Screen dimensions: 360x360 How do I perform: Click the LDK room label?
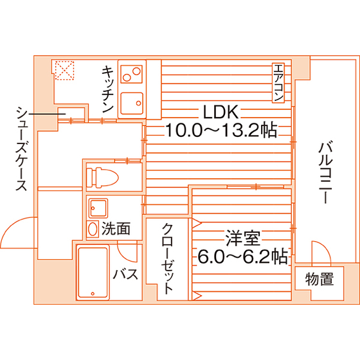click(x=220, y=112)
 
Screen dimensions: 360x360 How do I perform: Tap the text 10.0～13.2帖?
click(x=221, y=130)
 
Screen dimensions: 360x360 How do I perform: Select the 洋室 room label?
click(x=243, y=238)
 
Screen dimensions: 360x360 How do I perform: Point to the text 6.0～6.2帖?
click(x=242, y=256)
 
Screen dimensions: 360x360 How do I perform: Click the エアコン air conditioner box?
click(x=278, y=83)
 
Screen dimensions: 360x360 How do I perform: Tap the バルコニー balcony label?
click(x=325, y=173)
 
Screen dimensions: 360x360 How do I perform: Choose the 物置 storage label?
click(x=319, y=279)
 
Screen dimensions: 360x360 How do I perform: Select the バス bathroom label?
click(x=125, y=274)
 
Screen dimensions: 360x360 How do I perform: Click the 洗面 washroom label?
click(x=116, y=228)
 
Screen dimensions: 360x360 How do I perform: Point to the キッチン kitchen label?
click(x=108, y=89)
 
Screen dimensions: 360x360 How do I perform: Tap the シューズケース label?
click(x=21, y=148)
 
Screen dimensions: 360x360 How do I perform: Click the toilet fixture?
click(x=102, y=177)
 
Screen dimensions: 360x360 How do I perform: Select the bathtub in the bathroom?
click(x=93, y=273)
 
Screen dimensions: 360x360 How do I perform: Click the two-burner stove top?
click(x=132, y=74)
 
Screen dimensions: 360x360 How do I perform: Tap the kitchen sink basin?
click(x=132, y=104)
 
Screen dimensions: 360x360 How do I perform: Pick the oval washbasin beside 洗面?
click(x=93, y=229)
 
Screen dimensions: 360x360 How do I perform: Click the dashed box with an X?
click(x=64, y=70)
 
